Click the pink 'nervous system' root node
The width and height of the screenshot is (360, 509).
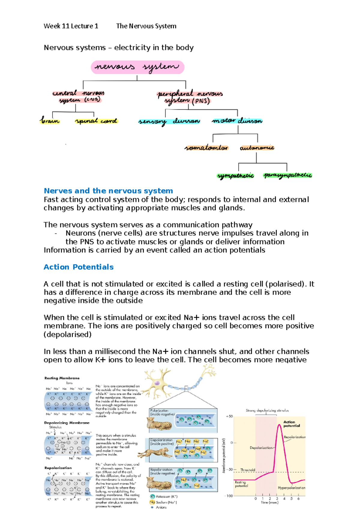point(137,67)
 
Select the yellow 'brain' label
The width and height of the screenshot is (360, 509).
point(50,121)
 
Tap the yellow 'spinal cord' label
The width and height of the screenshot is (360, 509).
point(96,121)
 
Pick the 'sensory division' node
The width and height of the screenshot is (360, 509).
point(169,121)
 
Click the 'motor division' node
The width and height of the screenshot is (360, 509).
point(237,121)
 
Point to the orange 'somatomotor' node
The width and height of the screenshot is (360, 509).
point(206,148)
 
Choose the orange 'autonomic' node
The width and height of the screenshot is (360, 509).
point(257,148)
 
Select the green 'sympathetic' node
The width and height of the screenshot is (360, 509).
point(235,176)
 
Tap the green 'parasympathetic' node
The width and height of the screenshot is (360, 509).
point(288,175)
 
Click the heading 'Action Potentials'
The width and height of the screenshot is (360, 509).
point(79,267)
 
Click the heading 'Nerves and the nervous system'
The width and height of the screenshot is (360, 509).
point(108,191)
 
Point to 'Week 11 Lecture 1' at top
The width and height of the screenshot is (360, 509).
point(71,26)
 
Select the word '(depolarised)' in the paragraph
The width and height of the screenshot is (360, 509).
point(68,335)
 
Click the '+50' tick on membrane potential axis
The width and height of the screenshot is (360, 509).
point(229,416)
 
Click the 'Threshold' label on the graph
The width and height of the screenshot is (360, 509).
point(248,470)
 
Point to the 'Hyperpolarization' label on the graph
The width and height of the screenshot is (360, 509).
point(291,488)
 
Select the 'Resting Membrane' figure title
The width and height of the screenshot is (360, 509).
point(62,378)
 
